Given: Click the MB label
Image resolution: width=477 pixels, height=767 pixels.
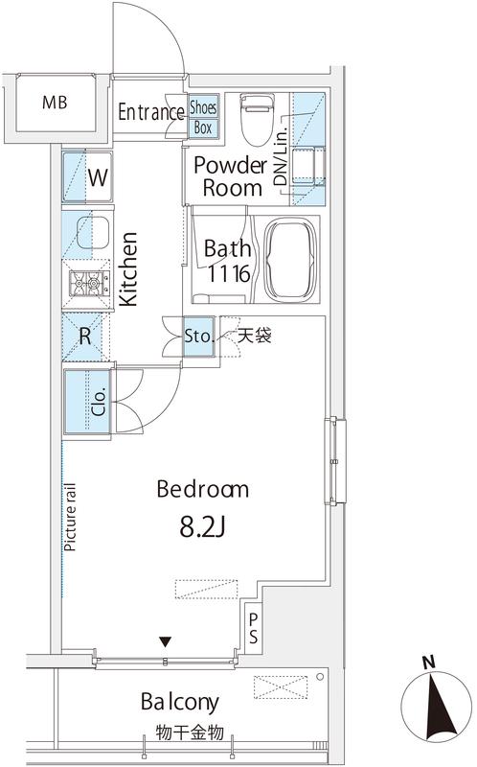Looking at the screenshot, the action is point(55,103).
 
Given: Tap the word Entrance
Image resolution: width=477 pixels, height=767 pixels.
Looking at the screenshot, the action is point(151,112).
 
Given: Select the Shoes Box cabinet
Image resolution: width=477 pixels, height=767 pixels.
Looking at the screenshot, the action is point(203,116).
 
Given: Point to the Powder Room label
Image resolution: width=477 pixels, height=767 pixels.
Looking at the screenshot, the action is point(231,176).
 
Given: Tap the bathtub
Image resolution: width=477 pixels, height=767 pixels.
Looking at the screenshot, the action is point(291,261).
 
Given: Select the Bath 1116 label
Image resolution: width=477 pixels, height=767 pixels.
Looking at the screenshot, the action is point(228,261).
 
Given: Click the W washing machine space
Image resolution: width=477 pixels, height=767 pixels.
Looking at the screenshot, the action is point(87,176).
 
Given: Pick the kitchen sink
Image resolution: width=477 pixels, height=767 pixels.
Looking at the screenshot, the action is point(93,232).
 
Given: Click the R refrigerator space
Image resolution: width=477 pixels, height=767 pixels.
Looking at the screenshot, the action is point(85,337).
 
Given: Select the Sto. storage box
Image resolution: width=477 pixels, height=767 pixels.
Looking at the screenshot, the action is point(199,337).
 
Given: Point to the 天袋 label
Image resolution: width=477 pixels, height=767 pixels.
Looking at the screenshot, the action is point(255,337).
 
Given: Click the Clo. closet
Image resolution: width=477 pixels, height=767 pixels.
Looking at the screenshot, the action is point(88,401).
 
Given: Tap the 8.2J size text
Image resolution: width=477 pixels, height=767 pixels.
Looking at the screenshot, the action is point(202,527).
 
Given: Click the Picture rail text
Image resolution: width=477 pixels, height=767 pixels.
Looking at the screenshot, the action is point(71,517).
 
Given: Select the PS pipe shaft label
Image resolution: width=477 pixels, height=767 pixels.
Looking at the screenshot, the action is point(253,628).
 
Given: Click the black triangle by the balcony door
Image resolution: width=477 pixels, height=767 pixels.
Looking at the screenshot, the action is point(166,641).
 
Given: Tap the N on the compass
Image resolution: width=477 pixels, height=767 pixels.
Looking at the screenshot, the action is point(428,662).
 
